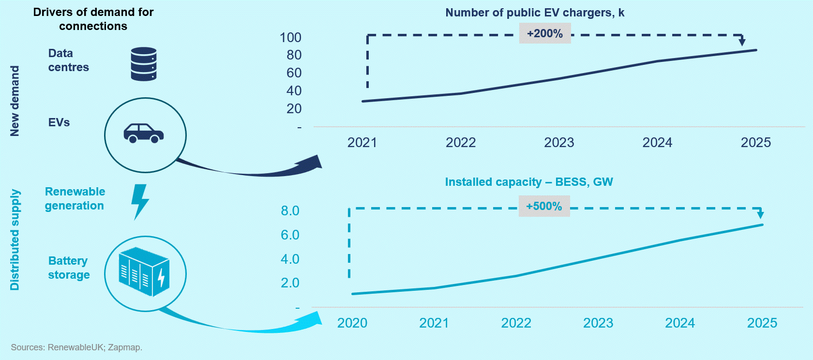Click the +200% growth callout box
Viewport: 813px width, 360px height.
[x=545, y=33]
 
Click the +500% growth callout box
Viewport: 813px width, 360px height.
[x=544, y=206]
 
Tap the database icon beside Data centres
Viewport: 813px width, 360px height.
[x=144, y=64]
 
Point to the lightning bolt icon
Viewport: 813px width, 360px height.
[x=140, y=201]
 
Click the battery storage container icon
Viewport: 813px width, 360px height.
[x=144, y=272]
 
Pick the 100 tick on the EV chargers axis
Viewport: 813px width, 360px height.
[x=290, y=38]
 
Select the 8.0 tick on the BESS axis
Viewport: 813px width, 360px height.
[x=290, y=211]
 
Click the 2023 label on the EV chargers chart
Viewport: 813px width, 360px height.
[x=559, y=143]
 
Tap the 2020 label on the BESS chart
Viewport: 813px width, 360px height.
[x=352, y=323]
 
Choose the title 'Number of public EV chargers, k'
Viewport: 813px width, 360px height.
[x=535, y=13]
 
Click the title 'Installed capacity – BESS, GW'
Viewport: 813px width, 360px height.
[x=529, y=182]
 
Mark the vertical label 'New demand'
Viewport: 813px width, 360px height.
[x=15, y=101]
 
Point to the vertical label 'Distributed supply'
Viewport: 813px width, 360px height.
[x=15, y=240]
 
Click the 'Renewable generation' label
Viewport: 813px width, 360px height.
[x=75, y=198]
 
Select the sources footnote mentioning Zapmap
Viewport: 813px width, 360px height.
[x=76, y=347]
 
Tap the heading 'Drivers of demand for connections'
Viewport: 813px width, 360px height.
[x=93, y=19]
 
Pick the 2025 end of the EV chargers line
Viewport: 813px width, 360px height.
[x=756, y=50]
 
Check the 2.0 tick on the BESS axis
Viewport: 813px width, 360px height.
[x=290, y=283]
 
